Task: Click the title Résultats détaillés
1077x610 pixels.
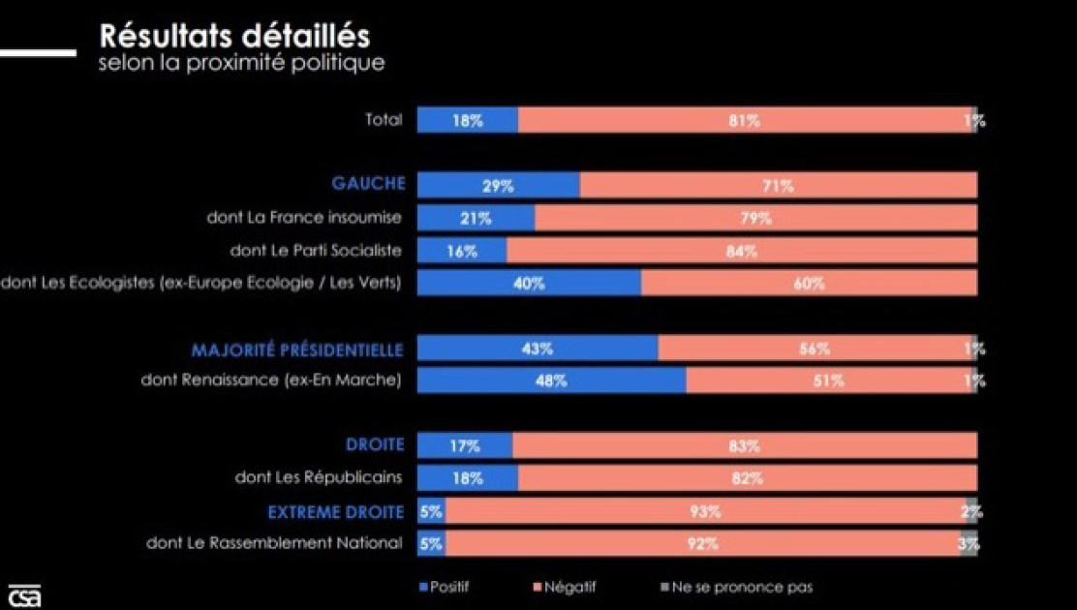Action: click(x=233, y=36)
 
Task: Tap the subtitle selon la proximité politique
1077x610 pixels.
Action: click(x=241, y=63)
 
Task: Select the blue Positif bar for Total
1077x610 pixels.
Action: click(x=467, y=121)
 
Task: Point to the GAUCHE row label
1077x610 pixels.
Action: click(x=368, y=184)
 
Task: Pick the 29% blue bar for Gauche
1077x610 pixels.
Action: click(x=498, y=186)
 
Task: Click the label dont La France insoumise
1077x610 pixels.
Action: click(x=303, y=218)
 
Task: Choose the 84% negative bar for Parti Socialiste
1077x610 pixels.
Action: click(x=741, y=251)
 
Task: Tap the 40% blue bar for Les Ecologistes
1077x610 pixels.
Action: click(x=529, y=284)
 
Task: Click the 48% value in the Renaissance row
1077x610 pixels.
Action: click(x=550, y=381)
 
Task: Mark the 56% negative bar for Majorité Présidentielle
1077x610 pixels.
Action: click(x=814, y=349)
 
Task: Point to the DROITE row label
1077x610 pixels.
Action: click(x=374, y=445)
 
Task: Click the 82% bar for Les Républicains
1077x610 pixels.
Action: click(x=747, y=478)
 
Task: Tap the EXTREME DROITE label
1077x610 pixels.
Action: click(x=335, y=511)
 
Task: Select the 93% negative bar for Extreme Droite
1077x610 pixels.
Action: click(x=705, y=511)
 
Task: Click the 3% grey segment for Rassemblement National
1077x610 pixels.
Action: click(x=969, y=544)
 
